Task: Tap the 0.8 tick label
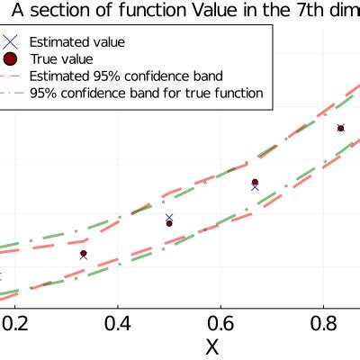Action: tap(325, 322)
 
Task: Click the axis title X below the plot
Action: tap(212, 346)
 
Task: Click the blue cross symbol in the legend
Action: tap(11, 41)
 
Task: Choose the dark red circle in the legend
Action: tap(11, 58)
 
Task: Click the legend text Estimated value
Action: tap(76, 41)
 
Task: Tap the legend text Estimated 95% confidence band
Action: tap(126, 76)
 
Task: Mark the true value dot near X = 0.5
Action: tap(169, 223)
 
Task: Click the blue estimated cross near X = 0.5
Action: tap(169, 218)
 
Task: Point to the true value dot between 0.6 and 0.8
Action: tap(255, 183)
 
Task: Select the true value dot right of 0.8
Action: tap(340, 129)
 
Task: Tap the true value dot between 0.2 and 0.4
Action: tap(84, 254)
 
